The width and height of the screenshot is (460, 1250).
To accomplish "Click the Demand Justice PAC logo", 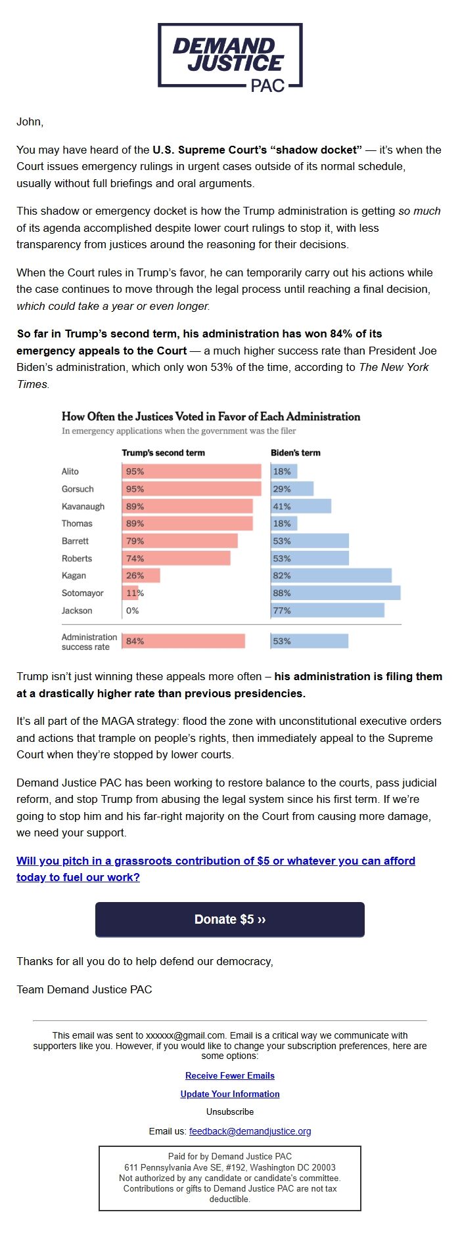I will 230,56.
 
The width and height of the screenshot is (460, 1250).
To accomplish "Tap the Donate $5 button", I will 230,919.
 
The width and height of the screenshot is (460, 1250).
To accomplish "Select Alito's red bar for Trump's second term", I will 191,471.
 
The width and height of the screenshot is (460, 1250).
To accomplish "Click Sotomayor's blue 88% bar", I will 335,593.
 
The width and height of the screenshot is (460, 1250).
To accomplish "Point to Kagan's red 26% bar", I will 141,576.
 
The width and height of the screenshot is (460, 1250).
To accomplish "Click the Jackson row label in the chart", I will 77,611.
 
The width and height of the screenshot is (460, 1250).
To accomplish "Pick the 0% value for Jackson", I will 133,611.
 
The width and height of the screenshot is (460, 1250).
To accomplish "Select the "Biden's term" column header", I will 296,453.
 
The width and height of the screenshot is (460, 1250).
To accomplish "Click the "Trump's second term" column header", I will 163,453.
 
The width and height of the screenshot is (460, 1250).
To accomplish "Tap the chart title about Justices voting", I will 211,416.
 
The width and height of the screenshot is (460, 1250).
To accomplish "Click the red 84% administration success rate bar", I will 183,641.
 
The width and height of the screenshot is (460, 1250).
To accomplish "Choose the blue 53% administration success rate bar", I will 310,641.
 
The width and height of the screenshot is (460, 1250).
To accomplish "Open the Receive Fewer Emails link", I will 230,1075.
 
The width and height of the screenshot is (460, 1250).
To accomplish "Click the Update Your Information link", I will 230,1094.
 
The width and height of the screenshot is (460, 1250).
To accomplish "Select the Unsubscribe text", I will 230,1111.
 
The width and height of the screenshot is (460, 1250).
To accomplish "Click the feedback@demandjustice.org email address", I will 250,1131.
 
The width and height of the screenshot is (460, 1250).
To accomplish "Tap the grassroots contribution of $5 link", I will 216,861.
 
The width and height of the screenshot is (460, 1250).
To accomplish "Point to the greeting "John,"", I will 30,122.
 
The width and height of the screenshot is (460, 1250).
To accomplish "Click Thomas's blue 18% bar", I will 285,523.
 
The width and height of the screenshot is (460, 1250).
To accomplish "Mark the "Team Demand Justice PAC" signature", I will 84,989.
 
